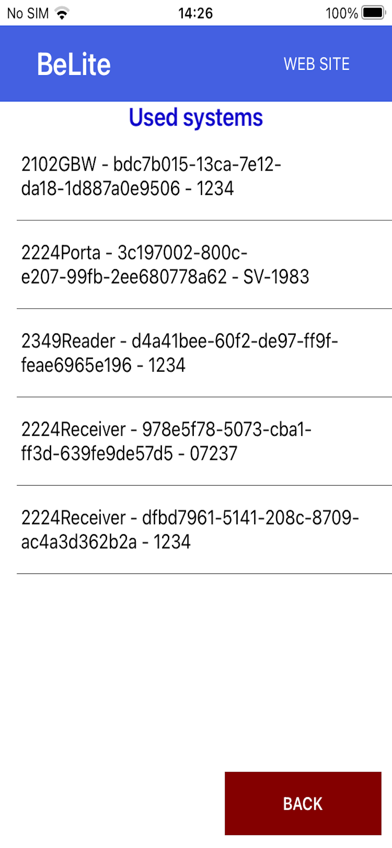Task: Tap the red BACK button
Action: click(303, 803)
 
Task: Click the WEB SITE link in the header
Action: click(317, 64)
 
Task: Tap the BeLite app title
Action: click(74, 64)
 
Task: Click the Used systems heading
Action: click(196, 118)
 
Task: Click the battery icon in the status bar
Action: click(373, 13)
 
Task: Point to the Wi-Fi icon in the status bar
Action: click(62, 13)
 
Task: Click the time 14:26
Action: click(196, 13)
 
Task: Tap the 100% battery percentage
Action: click(342, 14)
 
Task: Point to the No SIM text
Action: click(28, 14)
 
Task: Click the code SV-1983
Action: click(276, 277)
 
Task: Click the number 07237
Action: click(213, 453)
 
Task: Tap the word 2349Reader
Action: click(68, 341)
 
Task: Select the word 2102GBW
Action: click(59, 164)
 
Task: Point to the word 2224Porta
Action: click(61, 252)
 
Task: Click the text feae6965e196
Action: click(76, 365)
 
